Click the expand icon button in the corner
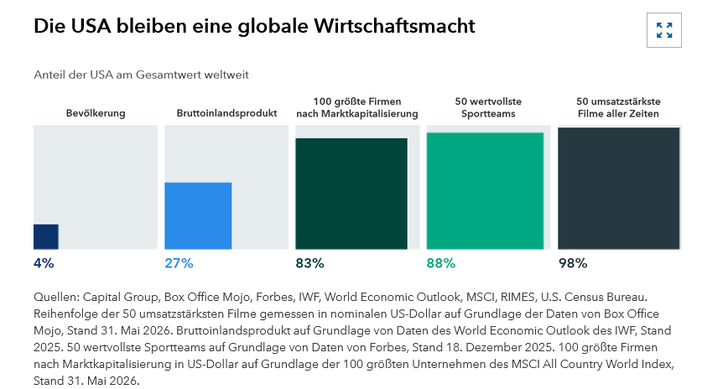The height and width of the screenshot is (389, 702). [x=664, y=30]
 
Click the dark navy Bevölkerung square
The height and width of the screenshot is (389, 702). [x=45, y=236]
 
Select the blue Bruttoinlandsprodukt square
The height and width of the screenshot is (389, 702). [x=198, y=215]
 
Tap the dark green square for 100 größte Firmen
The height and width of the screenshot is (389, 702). [x=351, y=194]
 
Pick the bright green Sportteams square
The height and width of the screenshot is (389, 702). [x=485, y=191]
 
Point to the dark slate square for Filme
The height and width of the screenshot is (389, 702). [x=619, y=189]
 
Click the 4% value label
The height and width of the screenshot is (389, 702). [x=44, y=263]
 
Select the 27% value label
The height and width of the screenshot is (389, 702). [x=179, y=263]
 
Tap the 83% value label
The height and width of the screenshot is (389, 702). [x=309, y=263]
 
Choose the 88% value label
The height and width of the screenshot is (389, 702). [x=441, y=263]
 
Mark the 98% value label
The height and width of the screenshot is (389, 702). [x=573, y=263]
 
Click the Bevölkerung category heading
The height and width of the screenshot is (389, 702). [x=96, y=113]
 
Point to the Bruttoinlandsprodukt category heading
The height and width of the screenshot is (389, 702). [x=226, y=113]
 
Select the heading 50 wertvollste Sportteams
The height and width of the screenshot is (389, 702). [x=488, y=107]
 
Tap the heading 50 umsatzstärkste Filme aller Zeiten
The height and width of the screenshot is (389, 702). [x=618, y=107]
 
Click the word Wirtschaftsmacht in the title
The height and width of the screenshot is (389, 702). [x=394, y=26]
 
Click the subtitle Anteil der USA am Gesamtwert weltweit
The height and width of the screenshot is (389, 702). [x=141, y=75]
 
